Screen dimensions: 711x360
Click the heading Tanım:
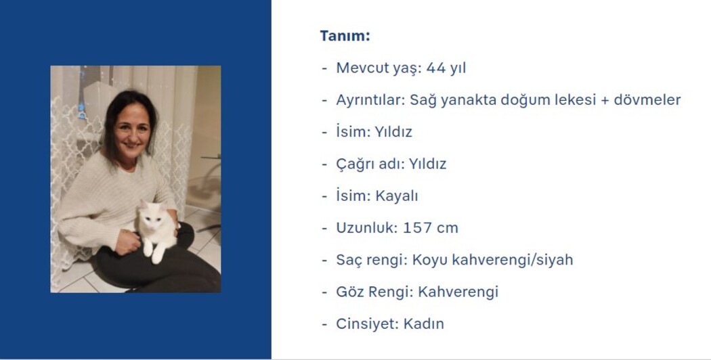pyautogui.click(x=345, y=36)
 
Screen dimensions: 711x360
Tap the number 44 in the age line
pyautogui.click(x=436, y=68)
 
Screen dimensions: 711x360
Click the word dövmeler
pyautogui.click(x=647, y=99)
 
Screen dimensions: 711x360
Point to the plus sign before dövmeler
pyautogui.click(x=605, y=100)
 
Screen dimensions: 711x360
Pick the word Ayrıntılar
pyautogui.click(x=370, y=100)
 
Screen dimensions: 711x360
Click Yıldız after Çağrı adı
pyautogui.click(x=427, y=164)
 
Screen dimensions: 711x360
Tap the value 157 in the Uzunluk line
pyautogui.click(x=416, y=227)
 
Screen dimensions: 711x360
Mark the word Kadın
pyautogui.click(x=423, y=323)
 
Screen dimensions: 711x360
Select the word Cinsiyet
pyautogui.click(x=367, y=324)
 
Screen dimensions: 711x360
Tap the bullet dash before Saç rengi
pyautogui.click(x=324, y=261)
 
